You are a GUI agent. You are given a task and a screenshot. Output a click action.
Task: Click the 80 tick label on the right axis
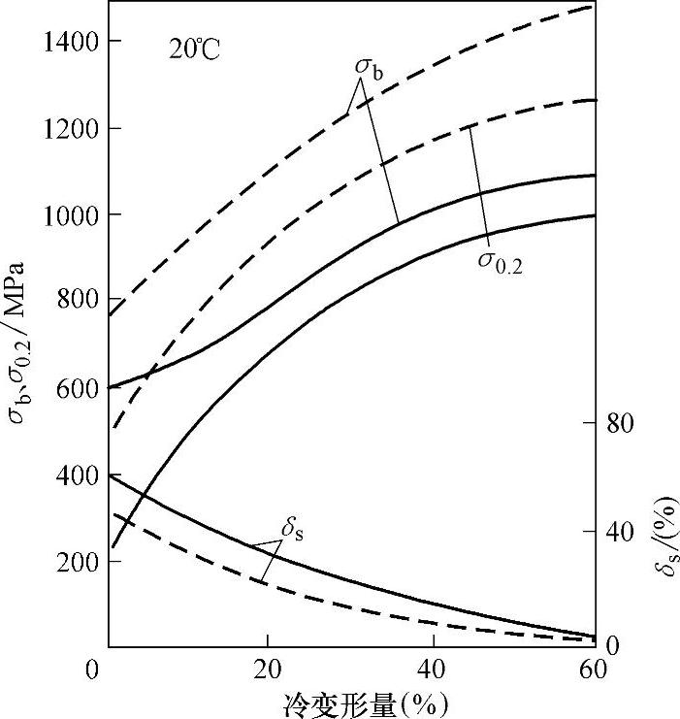622,424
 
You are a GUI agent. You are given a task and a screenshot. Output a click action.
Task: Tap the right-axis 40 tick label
622,532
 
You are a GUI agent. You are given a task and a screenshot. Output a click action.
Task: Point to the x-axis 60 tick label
593,670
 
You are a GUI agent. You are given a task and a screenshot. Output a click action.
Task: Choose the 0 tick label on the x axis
93,670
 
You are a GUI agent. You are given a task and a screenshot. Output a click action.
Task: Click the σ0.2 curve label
500,260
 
